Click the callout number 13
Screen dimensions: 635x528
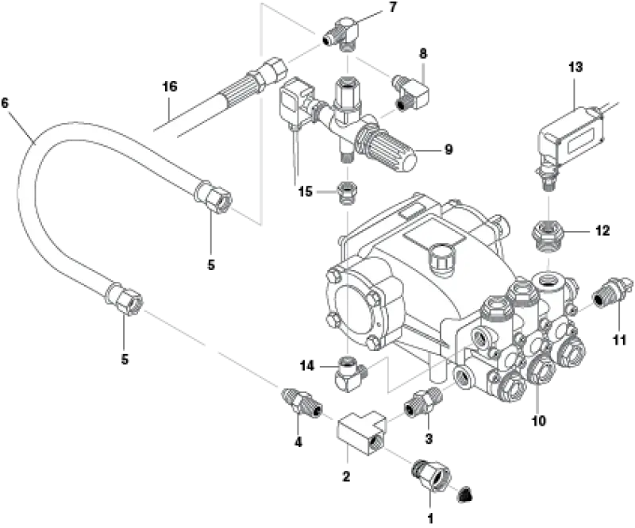pyautogui.click(x=575, y=67)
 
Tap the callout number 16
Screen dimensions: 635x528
pyautogui.click(x=170, y=87)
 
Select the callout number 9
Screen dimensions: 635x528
pyautogui.click(x=448, y=149)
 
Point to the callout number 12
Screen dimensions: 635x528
pyautogui.click(x=602, y=230)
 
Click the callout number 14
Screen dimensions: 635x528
pyautogui.click(x=306, y=366)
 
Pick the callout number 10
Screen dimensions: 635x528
pyautogui.click(x=539, y=421)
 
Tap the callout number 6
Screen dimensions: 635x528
pyautogui.click(x=5, y=103)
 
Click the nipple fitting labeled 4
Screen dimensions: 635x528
pyautogui.click(x=302, y=401)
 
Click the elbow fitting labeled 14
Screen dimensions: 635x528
pyautogui.click(x=350, y=372)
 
